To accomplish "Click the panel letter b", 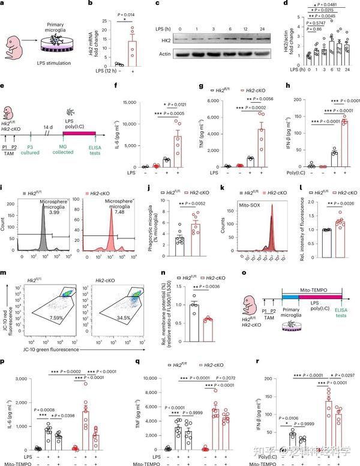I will click(90, 5).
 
